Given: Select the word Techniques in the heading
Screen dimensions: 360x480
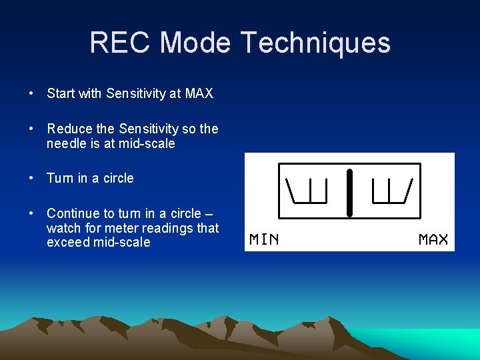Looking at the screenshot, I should [315, 43].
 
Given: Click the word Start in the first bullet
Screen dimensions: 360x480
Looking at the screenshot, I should [61, 94].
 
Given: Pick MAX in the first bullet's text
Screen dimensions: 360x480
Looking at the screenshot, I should [199, 94].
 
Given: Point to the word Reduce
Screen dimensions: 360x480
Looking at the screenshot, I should [69, 129].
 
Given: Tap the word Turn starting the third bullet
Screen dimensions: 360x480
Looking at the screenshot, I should [61, 178].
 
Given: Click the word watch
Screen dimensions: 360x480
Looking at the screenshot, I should [63, 228].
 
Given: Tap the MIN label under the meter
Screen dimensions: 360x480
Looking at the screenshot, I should [264, 239].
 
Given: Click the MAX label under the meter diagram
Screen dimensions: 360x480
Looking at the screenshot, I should [433, 239].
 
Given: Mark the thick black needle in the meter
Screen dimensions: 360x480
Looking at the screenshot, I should [349, 193].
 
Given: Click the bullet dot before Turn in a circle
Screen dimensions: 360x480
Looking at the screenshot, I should [32, 178].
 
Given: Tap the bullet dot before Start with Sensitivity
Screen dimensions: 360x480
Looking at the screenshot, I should [32, 94].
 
